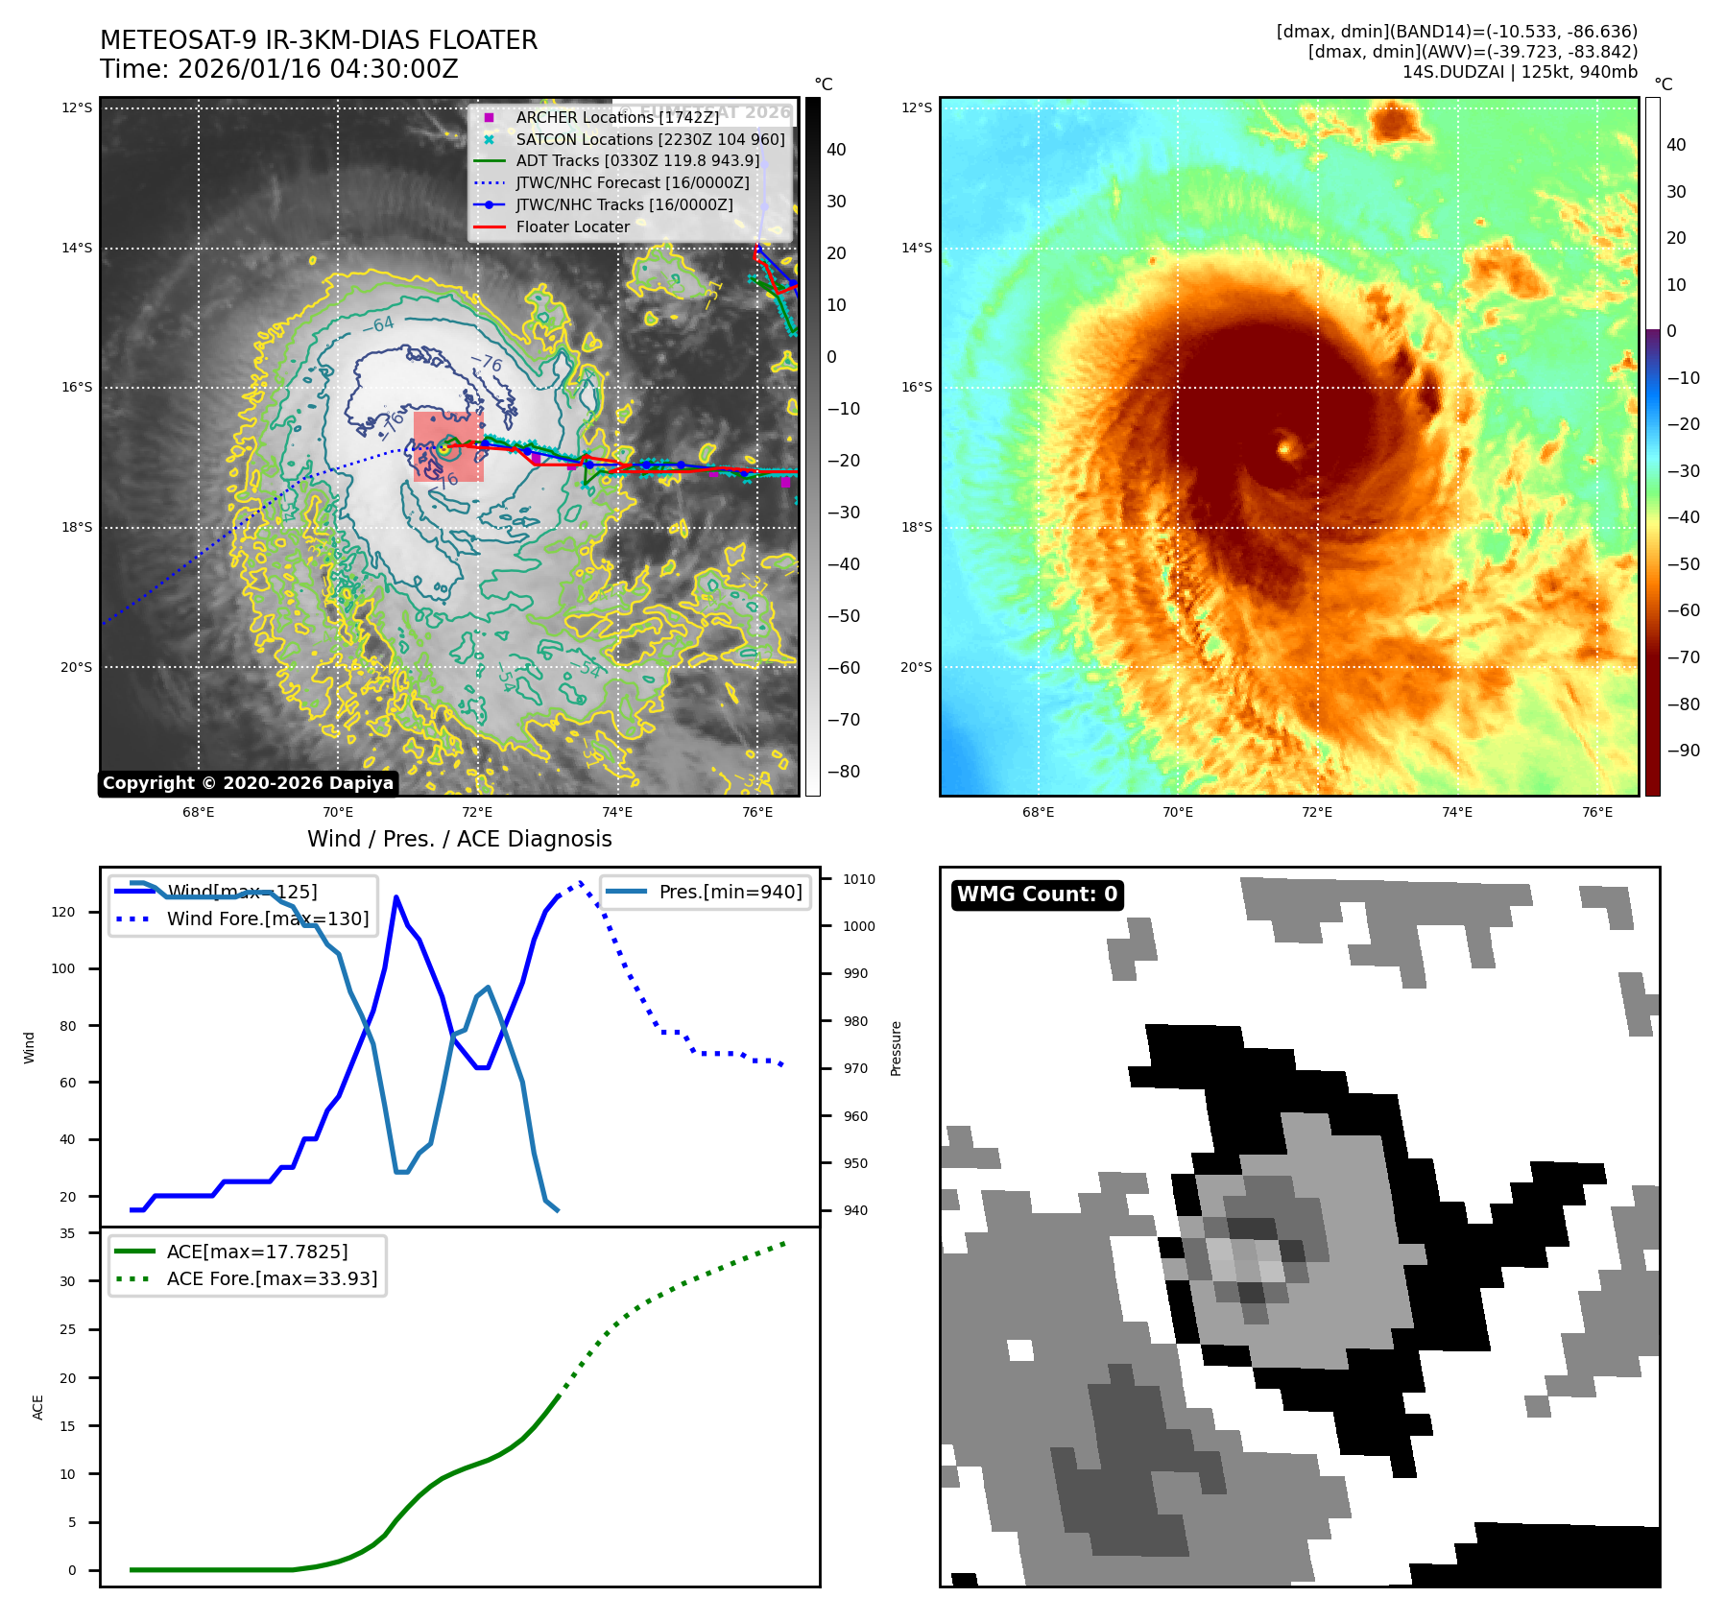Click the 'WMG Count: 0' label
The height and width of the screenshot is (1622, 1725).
1037,894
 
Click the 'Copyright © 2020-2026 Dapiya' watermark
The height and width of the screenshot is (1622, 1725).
248,783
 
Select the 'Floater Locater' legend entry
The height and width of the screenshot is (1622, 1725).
572,227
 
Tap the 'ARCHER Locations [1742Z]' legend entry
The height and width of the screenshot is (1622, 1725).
616,117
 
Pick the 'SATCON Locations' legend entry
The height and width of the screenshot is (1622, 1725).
650,139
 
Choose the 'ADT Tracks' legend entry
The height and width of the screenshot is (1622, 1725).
637,161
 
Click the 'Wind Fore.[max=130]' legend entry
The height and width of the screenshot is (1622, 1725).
267,918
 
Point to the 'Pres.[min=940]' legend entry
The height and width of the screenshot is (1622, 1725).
730,892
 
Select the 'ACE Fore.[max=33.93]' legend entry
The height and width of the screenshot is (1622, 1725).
272,1278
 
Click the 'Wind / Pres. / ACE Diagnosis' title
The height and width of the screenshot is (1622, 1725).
459,839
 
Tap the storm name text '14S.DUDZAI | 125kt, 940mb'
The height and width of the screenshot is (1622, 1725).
1520,72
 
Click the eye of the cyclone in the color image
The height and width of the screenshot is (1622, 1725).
1286,446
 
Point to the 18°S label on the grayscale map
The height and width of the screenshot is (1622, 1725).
77,527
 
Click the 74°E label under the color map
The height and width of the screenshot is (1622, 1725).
1456,812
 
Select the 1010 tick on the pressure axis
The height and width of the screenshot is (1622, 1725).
858,879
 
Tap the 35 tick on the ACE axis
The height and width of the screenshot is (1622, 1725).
67,1233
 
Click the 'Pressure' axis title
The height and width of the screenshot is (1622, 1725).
896,1048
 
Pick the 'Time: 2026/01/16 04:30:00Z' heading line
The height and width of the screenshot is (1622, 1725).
278,69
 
